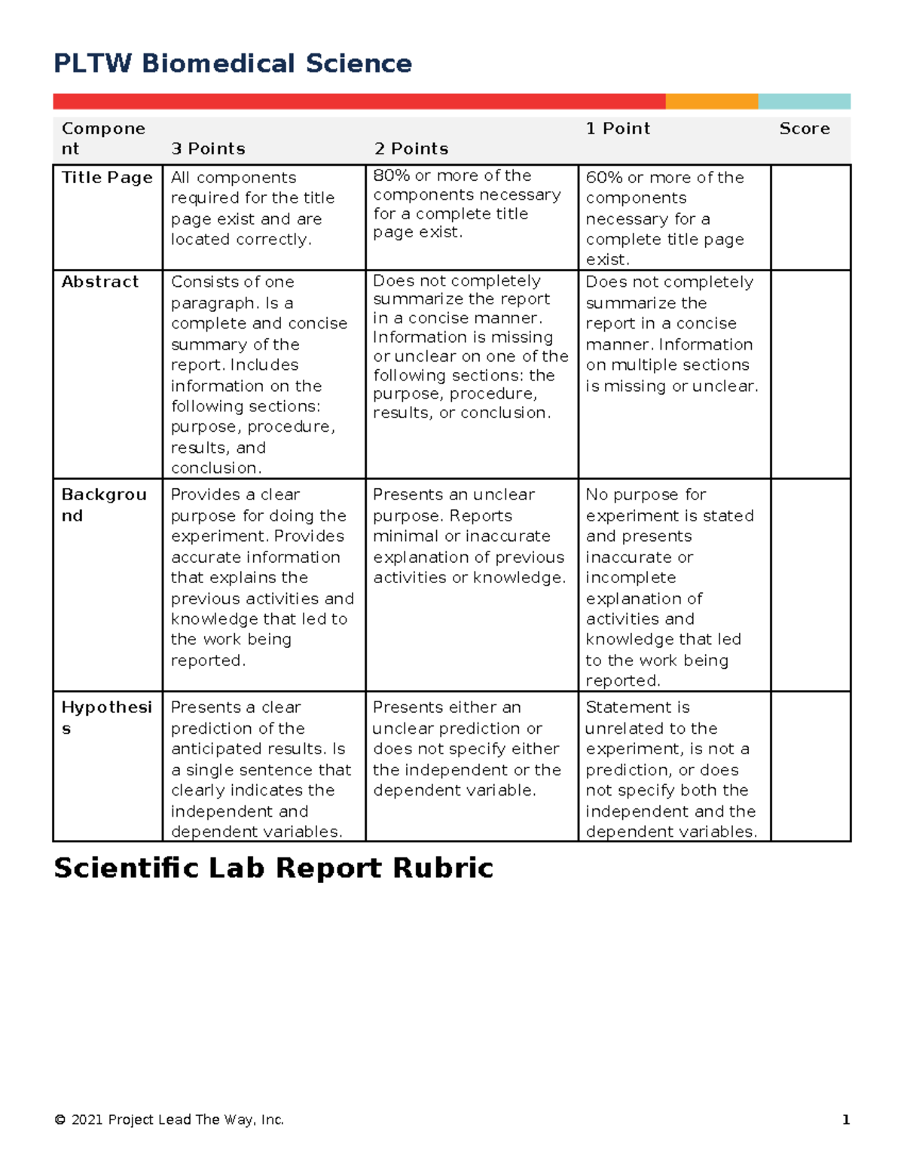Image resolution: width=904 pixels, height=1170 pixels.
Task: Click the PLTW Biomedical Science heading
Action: coord(233,63)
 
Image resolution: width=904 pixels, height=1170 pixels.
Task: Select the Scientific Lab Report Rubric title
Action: coord(273,868)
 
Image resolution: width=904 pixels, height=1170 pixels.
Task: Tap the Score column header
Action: coord(804,129)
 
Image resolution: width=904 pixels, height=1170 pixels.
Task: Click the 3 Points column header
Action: coord(208,149)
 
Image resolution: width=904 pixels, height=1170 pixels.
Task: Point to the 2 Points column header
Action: coord(411,149)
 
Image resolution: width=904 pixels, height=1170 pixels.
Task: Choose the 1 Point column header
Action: coord(618,129)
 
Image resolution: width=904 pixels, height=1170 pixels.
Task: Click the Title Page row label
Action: coord(107,178)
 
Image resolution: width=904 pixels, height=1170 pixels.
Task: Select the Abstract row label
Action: coord(100,282)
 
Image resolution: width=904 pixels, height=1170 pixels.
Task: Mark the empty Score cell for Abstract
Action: coord(811,374)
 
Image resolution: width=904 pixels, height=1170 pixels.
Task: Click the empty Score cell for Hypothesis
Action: coord(811,765)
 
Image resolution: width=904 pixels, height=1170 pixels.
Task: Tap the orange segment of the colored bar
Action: coord(711,102)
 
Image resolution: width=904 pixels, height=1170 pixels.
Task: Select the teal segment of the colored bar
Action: coord(804,102)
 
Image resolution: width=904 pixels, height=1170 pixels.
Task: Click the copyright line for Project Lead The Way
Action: coord(169,1120)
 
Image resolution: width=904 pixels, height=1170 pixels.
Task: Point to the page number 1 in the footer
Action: coord(846,1120)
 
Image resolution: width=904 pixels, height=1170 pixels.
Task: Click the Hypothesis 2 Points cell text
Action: coord(467,749)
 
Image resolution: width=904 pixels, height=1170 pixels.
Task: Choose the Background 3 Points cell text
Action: coord(261,578)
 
